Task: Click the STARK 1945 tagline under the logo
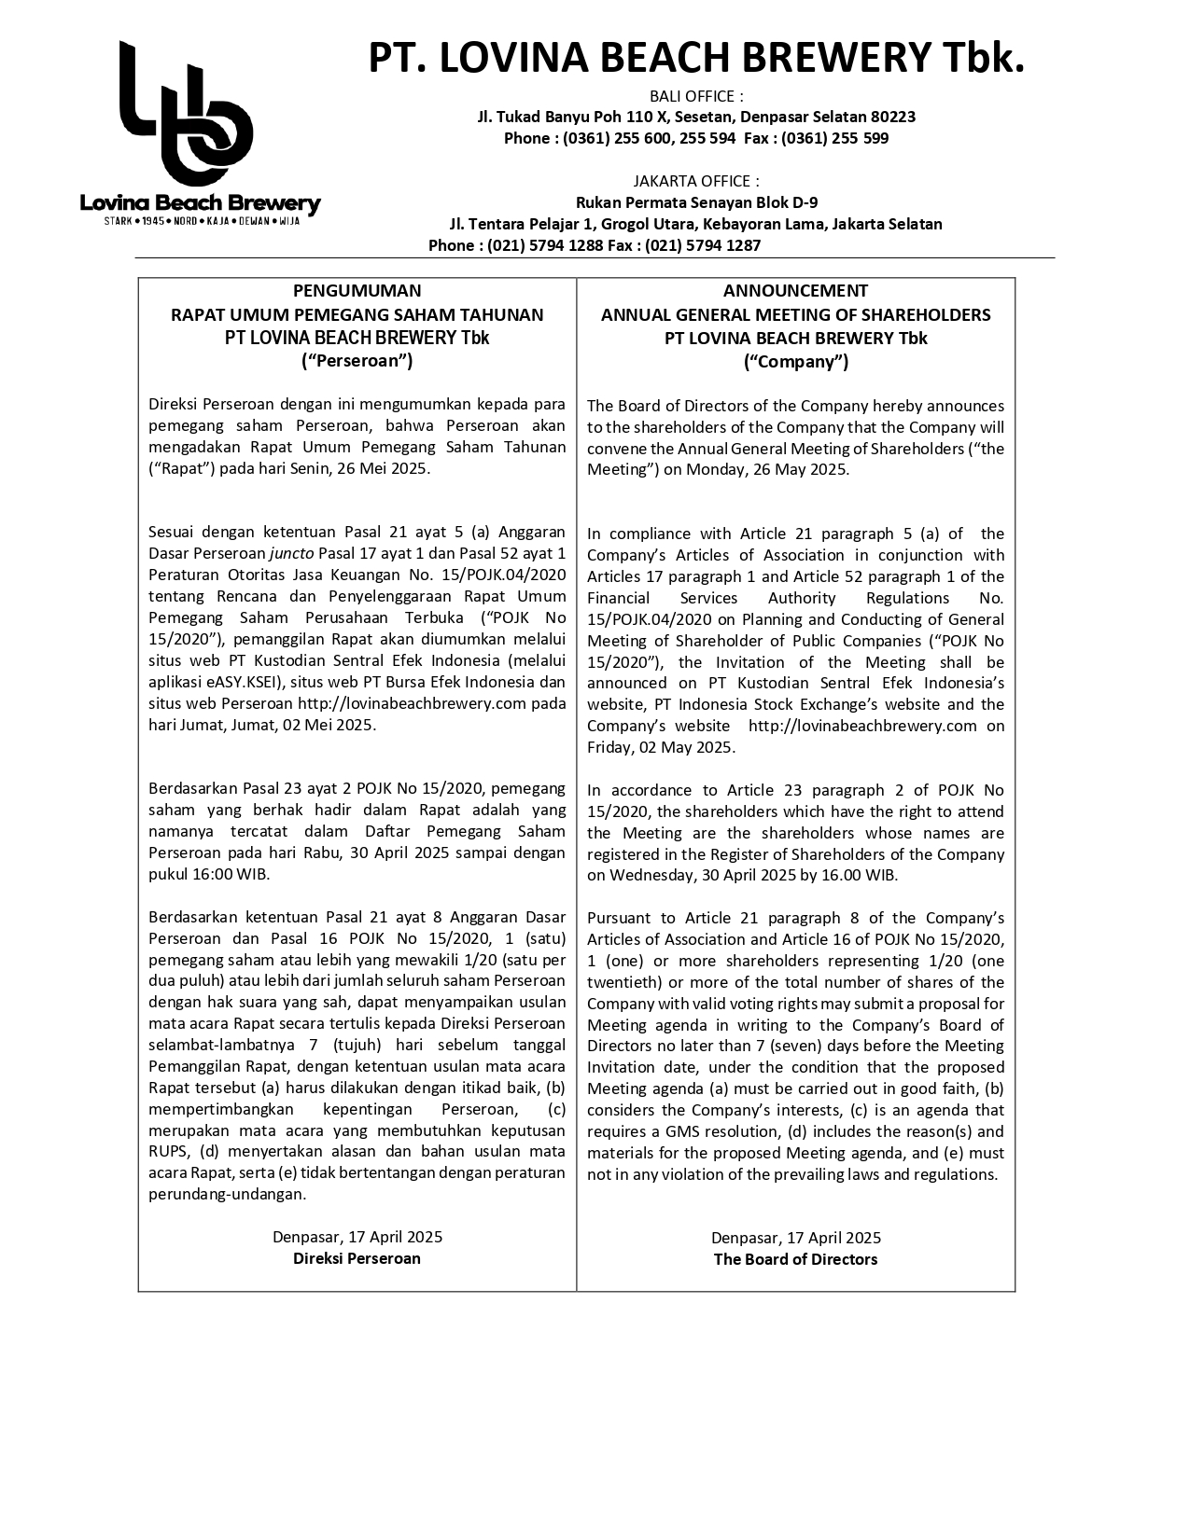point(202,222)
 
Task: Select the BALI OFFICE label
point(696,96)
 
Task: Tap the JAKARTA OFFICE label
point(696,181)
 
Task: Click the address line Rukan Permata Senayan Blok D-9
point(696,202)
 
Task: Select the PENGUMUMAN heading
point(357,291)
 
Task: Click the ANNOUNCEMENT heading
point(795,291)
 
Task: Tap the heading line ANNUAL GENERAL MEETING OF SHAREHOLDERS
point(795,315)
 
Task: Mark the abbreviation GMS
point(681,1131)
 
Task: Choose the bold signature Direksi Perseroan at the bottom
point(357,1258)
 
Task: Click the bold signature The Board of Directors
point(795,1259)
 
